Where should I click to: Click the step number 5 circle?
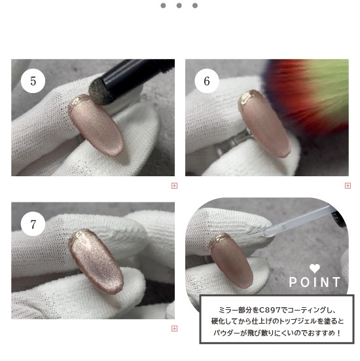33,81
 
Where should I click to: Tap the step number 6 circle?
207,81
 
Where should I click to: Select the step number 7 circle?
33,224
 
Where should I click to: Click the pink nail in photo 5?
96,126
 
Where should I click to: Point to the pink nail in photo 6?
264,124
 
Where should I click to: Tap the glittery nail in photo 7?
96,262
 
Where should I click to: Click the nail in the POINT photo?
231,261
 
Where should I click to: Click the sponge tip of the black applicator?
99,92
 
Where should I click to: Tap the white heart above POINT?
315,269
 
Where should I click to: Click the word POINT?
315,282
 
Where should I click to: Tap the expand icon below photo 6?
348,185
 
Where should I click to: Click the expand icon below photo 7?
174,328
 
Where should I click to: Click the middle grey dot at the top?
179,5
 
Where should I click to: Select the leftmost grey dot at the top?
163,5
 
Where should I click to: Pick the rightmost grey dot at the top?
195,5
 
